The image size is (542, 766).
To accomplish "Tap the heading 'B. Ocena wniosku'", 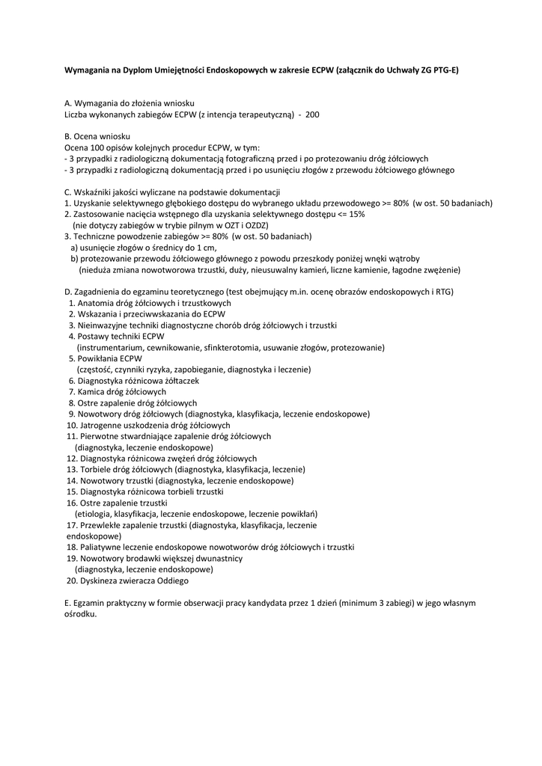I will pos(97,137).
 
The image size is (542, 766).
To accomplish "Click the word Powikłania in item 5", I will pos(100,358).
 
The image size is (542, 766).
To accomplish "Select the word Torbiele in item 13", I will pos(95,469).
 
